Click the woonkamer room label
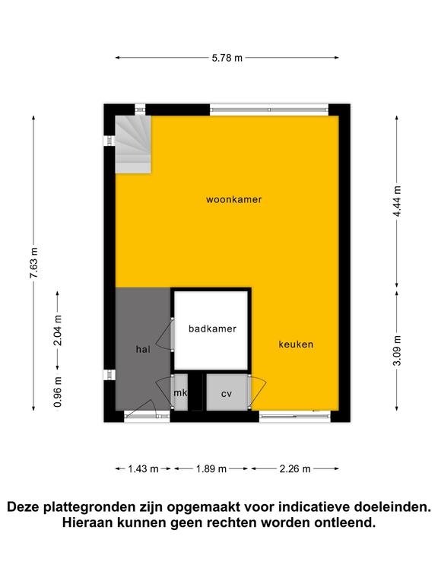234,200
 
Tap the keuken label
296,344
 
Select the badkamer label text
212,328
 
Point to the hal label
143,349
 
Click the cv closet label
227,394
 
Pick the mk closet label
180,392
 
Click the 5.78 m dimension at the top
227,58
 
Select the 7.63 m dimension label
34,262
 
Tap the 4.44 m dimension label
398,201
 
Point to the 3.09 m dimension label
398,351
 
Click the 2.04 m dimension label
58,330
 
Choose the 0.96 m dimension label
58,392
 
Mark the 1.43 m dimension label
144,469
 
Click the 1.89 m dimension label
211,469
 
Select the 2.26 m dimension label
295,469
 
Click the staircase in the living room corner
133,144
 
